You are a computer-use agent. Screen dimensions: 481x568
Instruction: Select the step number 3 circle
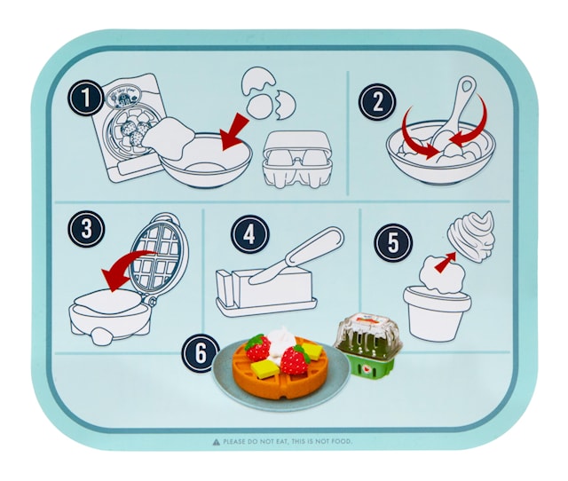(x=86, y=228)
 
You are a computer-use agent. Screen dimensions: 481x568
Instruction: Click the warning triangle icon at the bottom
(x=216, y=441)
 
